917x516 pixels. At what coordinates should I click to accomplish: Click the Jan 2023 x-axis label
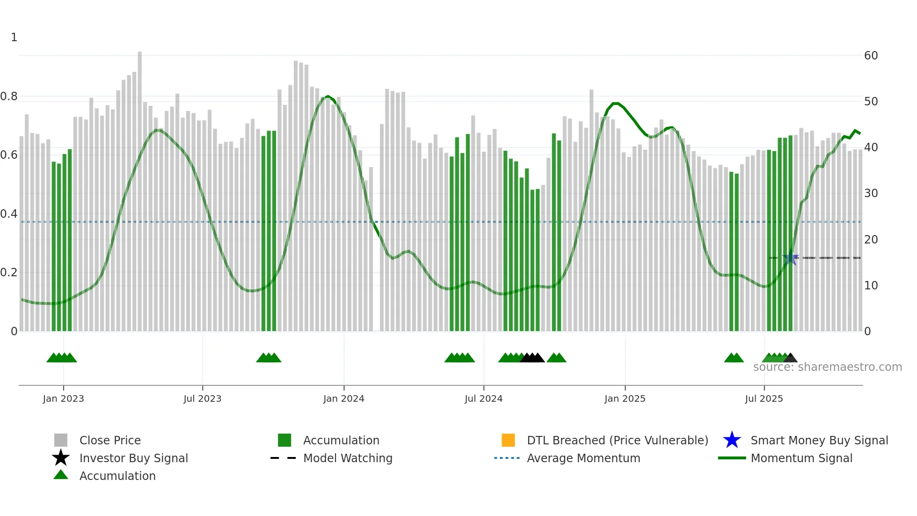click(x=63, y=398)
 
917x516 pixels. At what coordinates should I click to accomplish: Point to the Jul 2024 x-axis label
click(x=483, y=398)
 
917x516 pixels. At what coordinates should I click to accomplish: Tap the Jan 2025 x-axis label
click(x=625, y=398)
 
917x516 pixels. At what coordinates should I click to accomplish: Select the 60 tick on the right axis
click(x=871, y=56)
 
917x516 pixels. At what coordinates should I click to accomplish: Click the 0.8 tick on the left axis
click(x=9, y=96)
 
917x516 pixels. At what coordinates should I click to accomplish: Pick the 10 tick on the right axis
click(x=871, y=286)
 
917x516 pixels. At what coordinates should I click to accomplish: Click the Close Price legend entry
click(x=110, y=440)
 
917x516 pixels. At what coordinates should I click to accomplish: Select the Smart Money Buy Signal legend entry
click(x=819, y=440)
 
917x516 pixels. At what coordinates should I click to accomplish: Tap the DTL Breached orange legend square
click(x=508, y=440)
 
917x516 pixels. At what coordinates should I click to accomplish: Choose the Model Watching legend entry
click(x=347, y=458)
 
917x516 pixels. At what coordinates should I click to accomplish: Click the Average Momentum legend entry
click(x=583, y=458)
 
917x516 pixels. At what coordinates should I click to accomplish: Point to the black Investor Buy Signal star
click(x=61, y=458)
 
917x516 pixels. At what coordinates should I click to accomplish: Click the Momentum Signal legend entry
click(x=801, y=458)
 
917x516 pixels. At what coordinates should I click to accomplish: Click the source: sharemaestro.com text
click(x=827, y=367)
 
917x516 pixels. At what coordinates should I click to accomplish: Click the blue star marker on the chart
click(x=791, y=258)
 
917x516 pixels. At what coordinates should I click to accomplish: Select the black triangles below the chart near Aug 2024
click(x=532, y=358)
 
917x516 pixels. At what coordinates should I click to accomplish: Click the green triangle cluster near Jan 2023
click(x=62, y=358)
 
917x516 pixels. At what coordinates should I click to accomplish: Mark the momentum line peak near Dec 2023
click(x=327, y=96)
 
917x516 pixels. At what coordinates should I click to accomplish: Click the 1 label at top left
click(x=14, y=37)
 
